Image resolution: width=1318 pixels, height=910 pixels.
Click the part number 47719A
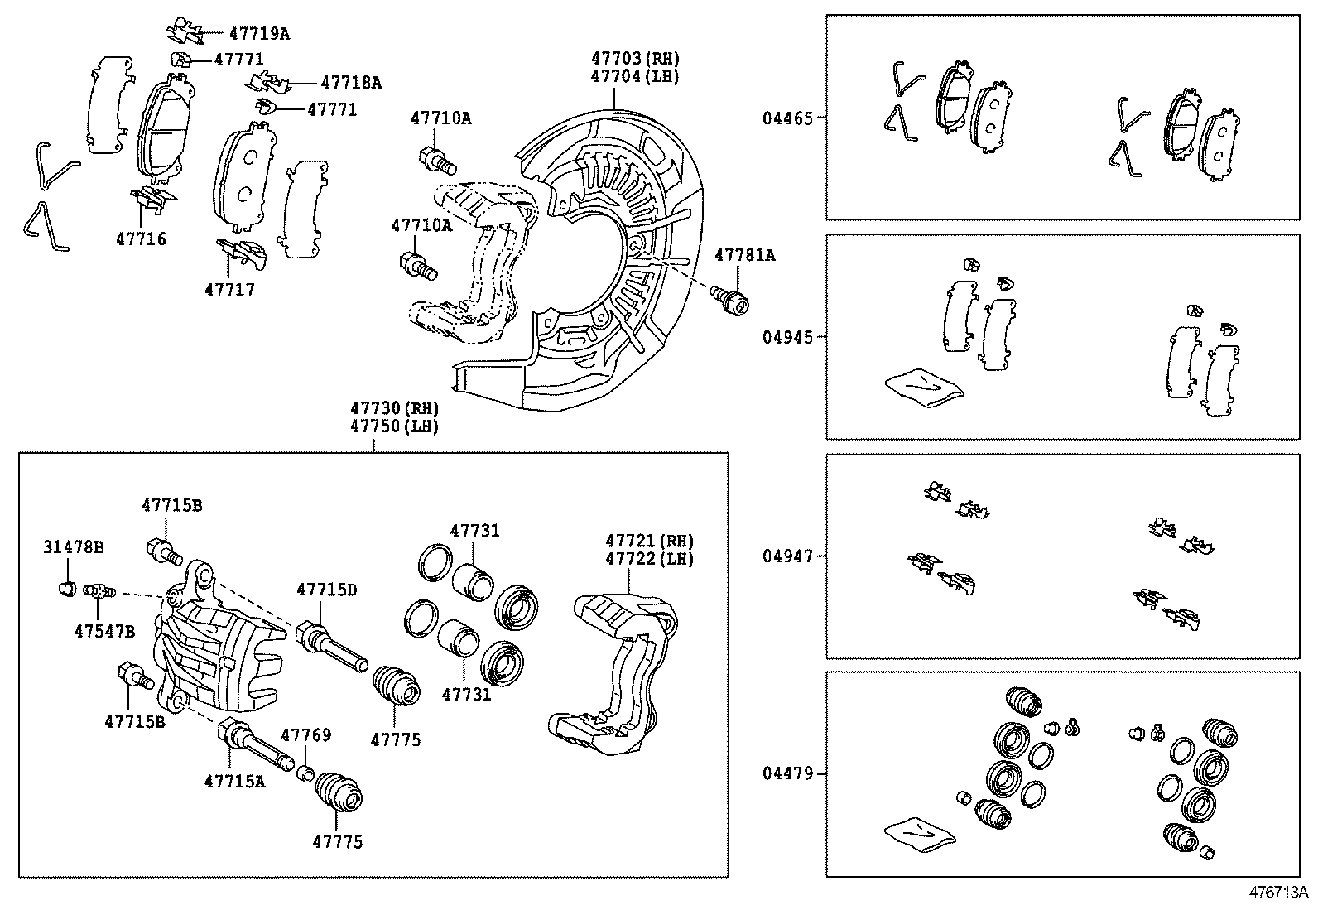tap(259, 34)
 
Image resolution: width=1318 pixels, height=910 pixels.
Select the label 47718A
tap(351, 83)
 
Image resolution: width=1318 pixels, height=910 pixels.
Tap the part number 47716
tap(141, 239)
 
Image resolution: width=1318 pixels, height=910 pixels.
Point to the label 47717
tap(229, 290)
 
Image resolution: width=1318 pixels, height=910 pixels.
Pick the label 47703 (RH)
tap(635, 59)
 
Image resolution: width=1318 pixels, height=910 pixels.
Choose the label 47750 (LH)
tap(393, 426)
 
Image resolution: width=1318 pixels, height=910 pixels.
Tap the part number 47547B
tap(103, 631)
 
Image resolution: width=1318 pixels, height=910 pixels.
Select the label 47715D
tap(326, 590)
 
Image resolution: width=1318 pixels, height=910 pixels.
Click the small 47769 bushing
tap(305, 773)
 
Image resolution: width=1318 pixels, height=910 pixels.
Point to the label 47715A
tap(235, 780)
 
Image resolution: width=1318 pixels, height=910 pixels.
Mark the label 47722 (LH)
tap(649, 559)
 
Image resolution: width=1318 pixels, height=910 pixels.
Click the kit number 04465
tap(788, 118)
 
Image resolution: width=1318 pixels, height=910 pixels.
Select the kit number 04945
tap(788, 337)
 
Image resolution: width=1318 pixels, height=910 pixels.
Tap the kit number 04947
tap(788, 556)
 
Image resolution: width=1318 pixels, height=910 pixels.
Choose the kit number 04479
tap(788, 774)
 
